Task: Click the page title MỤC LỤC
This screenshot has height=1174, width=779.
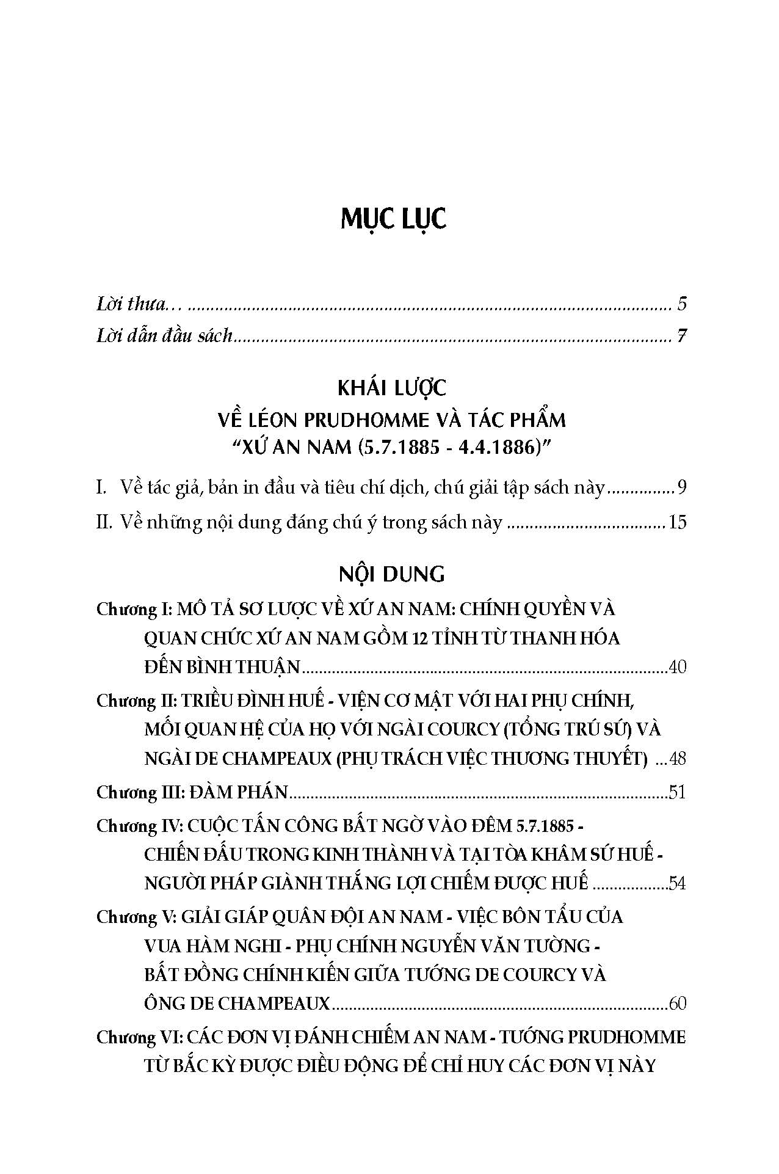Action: pos(393,220)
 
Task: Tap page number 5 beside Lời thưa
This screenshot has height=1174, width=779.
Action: pos(682,304)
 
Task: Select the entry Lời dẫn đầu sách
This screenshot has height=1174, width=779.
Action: pos(165,336)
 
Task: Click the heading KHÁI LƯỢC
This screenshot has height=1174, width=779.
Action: pos(392,387)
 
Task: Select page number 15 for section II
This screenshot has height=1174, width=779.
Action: pos(678,522)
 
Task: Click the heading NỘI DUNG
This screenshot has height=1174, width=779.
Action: pos(392,575)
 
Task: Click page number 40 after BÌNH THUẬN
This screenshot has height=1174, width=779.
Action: pos(677,666)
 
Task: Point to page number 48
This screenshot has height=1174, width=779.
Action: pos(678,759)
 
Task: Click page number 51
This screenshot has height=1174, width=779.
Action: pos(678,793)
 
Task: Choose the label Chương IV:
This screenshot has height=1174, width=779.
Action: pos(139,826)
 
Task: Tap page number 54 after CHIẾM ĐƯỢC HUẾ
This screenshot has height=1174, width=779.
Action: pos(677,883)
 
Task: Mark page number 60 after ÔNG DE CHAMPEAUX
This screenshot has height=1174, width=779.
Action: pos(677,1004)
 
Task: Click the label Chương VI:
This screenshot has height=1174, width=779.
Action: pos(139,1038)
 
